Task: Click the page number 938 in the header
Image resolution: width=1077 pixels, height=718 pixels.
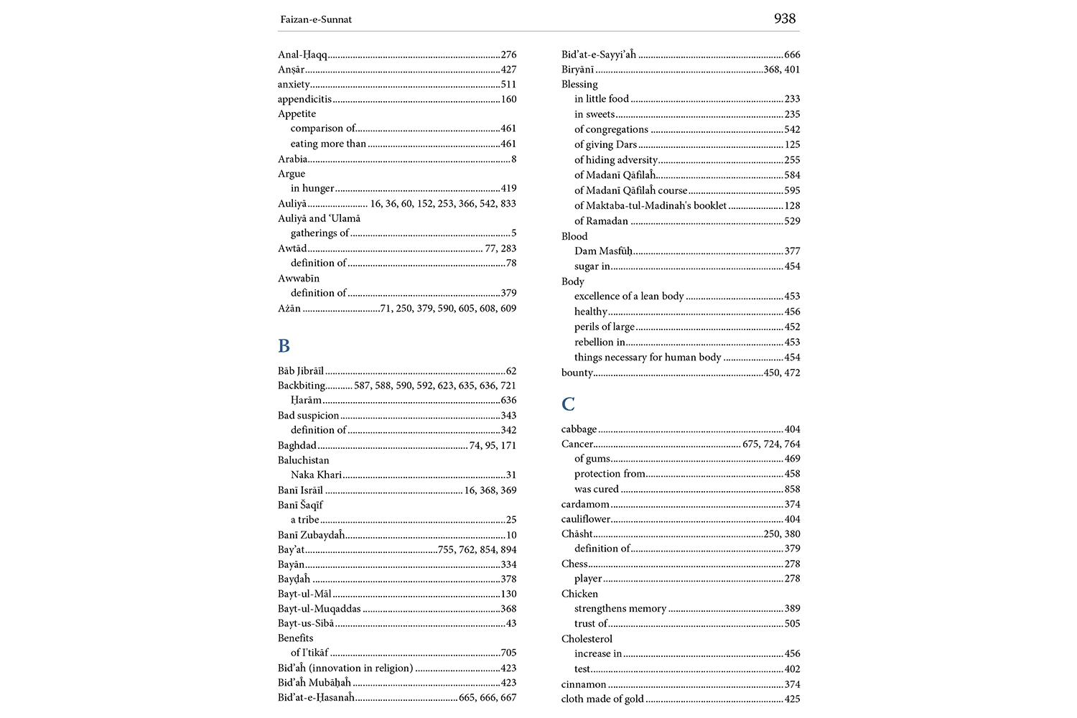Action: click(x=784, y=19)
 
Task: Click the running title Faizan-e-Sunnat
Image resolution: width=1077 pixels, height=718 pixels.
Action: click(x=316, y=19)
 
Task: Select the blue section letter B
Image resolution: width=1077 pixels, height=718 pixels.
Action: click(x=284, y=346)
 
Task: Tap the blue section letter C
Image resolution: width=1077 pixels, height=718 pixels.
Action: click(x=568, y=404)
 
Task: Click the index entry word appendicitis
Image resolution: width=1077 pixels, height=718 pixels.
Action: click(x=304, y=99)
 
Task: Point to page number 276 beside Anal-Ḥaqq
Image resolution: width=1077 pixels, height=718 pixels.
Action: click(x=508, y=55)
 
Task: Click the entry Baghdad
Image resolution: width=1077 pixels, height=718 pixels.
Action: click(x=297, y=445)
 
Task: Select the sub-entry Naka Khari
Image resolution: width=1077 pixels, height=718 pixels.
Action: click(x=316, y=475)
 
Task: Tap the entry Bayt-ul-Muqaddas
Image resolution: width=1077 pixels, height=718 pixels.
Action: click(x=320, y=609)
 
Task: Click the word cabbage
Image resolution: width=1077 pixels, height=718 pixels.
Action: click(x=579, y=429)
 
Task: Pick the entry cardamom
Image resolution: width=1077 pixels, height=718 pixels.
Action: click(x=585, y=504)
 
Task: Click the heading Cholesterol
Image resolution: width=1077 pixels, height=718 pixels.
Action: click(x=587, y=639)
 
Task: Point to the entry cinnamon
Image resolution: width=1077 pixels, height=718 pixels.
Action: click(x=584, y=684)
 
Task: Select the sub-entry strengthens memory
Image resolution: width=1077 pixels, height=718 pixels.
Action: click(x=620, y=609)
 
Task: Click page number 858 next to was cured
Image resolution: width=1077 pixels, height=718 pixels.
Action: click(x=792, y=489)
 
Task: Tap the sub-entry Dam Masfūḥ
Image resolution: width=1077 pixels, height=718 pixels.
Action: click(x=603, y=251)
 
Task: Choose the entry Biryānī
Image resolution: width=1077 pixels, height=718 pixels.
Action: click(x=578, y=70)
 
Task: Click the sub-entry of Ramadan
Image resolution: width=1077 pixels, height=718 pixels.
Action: click(x=601, y=221)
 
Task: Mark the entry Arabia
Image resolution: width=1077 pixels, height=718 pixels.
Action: click(x=293, y=159)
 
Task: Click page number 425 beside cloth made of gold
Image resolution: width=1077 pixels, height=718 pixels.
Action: click(x=792, y=699)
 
